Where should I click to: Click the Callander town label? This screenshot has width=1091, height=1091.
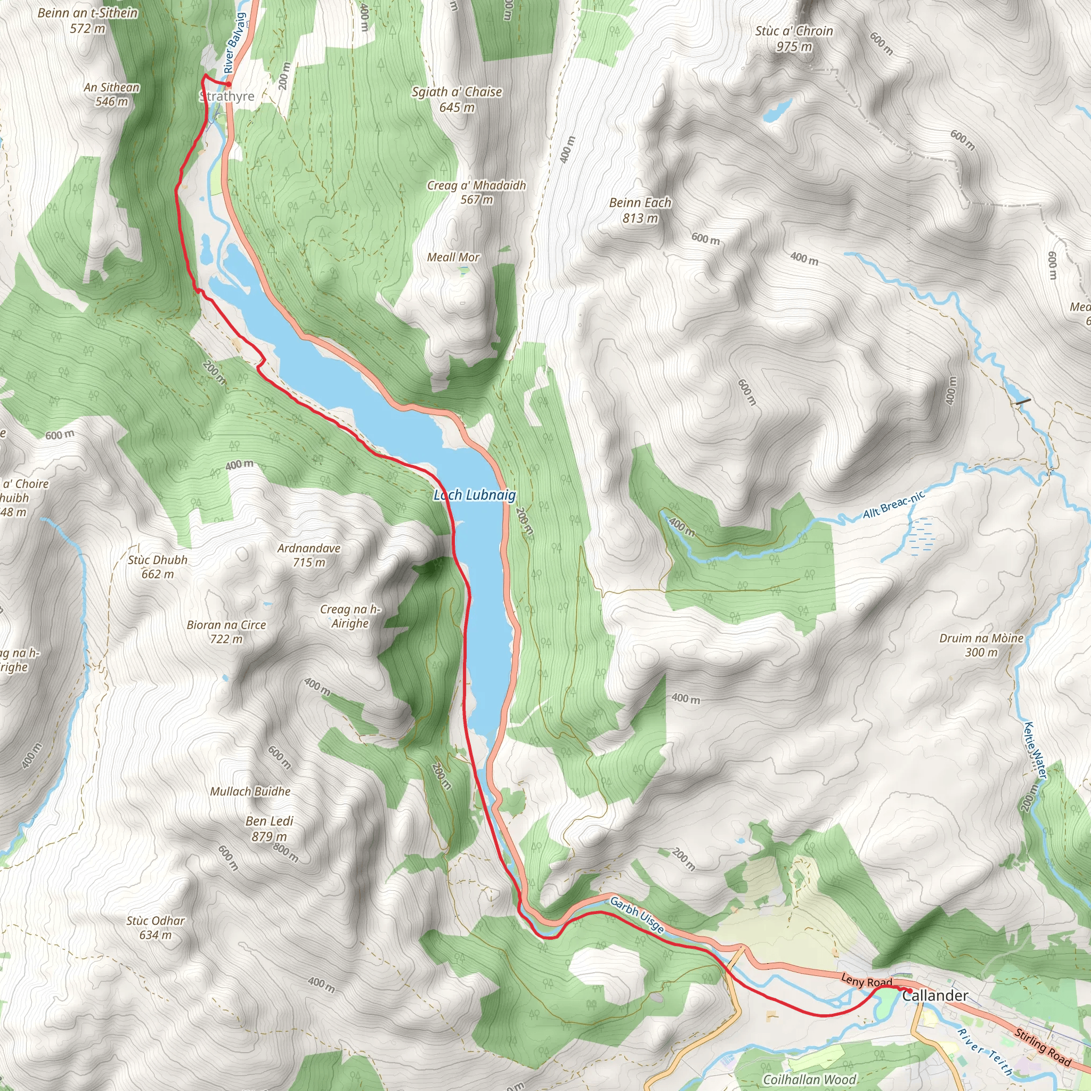point(934,996)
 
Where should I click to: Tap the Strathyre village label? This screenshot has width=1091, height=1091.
point(227,96)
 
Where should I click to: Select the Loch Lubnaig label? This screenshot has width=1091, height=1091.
point(474,495)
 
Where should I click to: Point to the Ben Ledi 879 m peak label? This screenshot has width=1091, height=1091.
point(270,828)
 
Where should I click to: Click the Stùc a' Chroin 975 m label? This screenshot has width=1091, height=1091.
point(794,38)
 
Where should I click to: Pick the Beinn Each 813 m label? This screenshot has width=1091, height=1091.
point(640,210)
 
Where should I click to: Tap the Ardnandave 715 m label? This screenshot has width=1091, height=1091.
point(309,555)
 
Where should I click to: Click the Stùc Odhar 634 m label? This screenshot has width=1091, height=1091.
point(156,928)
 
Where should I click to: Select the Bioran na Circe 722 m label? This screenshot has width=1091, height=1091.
point(226,632)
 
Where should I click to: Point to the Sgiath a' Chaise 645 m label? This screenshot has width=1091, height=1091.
point(457,99)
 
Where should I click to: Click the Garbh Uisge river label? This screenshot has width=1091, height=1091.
point(637,915)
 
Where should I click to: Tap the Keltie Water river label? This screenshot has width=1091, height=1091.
point(1036,751)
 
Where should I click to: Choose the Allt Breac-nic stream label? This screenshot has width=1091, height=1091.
point(893,504)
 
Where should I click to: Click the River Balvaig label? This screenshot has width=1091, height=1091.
point(234,43)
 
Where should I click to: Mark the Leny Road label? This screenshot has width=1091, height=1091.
point(866,981)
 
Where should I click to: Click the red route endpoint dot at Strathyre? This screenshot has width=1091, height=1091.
point(229,85)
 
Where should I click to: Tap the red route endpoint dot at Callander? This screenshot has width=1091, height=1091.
point(909,990)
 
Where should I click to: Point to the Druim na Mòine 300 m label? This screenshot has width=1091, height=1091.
point(981,645)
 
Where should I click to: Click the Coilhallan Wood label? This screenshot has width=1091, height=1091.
point(809,1079)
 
